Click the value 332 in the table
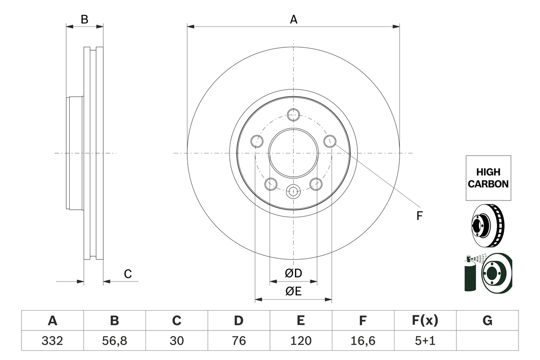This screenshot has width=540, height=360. (x=52, y=341)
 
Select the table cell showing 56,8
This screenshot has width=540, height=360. (x=114, y=341)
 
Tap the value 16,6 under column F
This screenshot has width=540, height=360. (x=362, y=341)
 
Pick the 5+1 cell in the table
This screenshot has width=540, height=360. (x=424, y=341)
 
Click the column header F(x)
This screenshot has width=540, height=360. (x=424, y=321)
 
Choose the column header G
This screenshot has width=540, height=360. (x=487, y=321)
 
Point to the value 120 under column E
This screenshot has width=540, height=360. (x=300, y=341)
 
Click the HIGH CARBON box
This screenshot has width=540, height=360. (x=488, y=178)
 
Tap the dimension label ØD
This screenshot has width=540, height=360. (x=293, y=273)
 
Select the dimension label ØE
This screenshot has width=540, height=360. (x=293, y=291)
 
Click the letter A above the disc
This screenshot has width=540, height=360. (x=293, y=19)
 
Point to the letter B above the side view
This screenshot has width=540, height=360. (x=84, y=19)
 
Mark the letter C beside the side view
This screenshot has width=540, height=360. (x=128, y=274)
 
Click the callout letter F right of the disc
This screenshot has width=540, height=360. (x=419, y=216)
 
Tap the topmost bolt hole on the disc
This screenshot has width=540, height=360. (x=293, y=114)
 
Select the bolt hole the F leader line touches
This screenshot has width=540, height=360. (x=330, y=141)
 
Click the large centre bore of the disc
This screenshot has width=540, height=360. (x=293, y=153)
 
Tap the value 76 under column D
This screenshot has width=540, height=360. (x=238, y=341)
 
